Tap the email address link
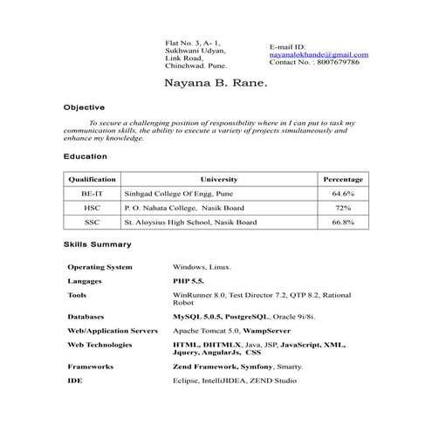[319, 54]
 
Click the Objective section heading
[85, 107]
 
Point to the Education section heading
[86, 156]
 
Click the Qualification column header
[93, 178]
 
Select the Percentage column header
[342, 178]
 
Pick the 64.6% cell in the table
[342, 194]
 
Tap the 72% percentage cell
[342, 209]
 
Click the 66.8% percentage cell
[342, 223]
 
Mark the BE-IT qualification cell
[92, 194]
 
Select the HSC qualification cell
[92, 209]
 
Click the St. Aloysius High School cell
[191, 223]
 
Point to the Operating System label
[100, 267]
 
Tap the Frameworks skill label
[90, 367]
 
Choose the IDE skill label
[74, 381]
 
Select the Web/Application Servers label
[113, 332]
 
